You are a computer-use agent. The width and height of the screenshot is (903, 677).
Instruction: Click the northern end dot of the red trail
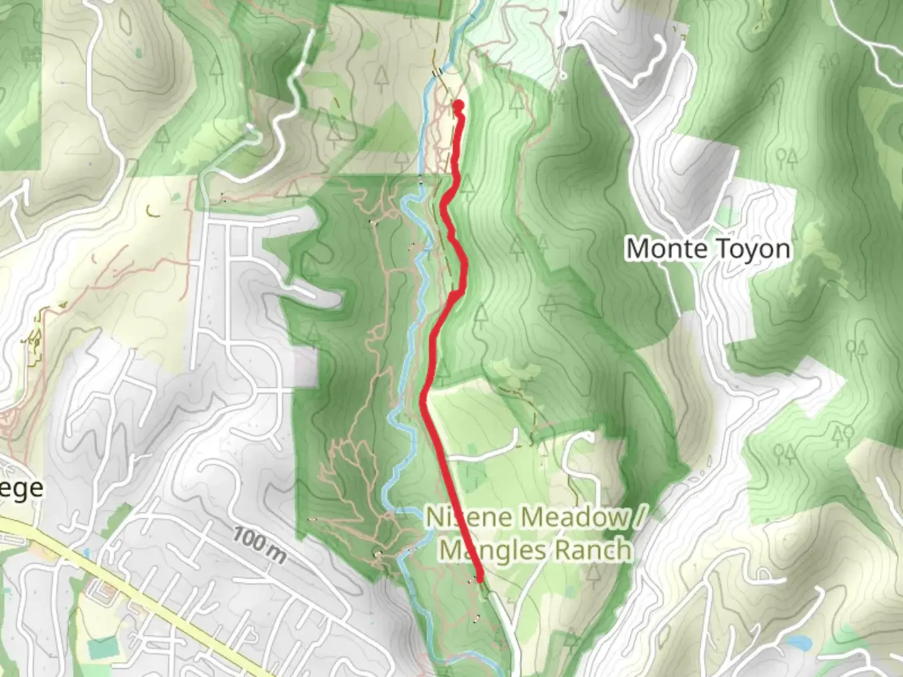pyautogui.click(x=458, y=105)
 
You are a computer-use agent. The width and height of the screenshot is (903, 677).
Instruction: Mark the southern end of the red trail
pyautogui.click(x=480, y=580)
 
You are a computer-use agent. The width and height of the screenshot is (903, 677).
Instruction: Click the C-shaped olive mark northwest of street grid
pyautogui.click(x=151, y=211)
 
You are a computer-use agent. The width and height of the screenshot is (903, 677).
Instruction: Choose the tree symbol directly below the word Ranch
pyautogui.click(x=594, y=572)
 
